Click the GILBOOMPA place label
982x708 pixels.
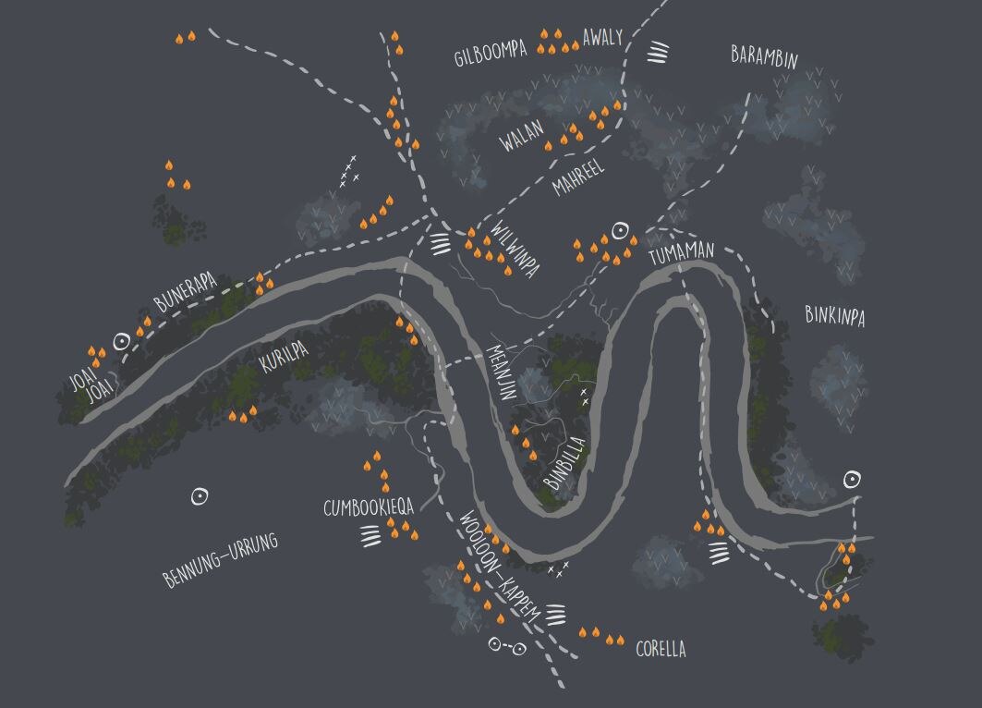pos(491,55)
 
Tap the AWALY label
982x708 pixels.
pos(602,38)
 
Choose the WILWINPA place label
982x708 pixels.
pos(515,248)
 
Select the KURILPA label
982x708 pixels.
pos(283,355)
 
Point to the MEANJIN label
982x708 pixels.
pos(502,372)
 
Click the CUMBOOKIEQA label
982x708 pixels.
pos(368,507)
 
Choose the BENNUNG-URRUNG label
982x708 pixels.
pos(220,560)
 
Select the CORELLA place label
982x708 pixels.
pos(661,649)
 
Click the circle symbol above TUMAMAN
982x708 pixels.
pos(621,230)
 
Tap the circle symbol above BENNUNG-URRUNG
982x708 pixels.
pos(199,496)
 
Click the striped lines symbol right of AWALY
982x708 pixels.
pos(657,52)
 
